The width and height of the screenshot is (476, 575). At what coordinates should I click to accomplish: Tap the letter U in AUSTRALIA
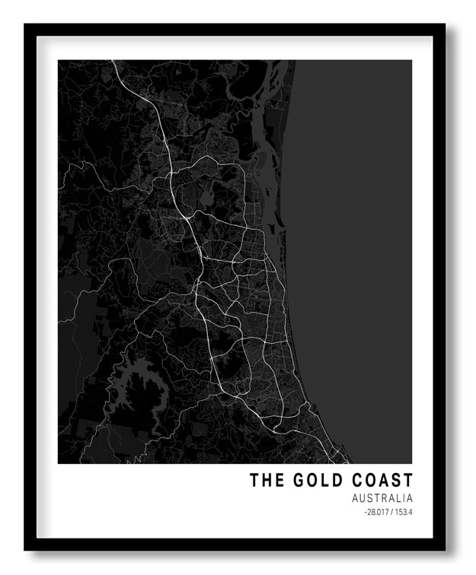363,499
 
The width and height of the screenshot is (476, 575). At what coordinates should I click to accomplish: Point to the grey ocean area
354,228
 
